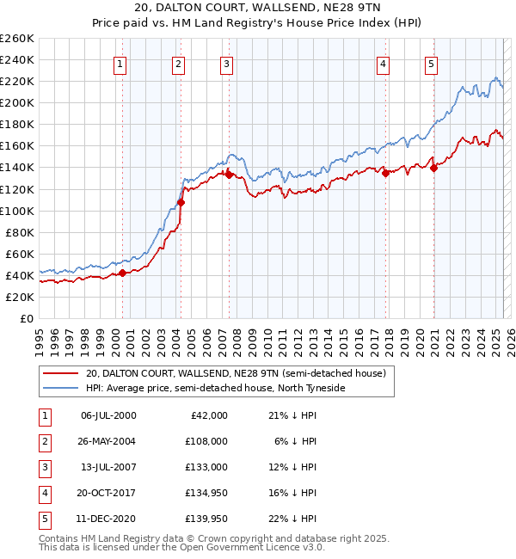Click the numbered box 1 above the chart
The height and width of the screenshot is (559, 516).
[x=120, y=63]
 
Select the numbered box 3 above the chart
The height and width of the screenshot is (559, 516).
[x=225, y=63]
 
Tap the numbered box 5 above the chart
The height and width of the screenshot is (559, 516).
[x=430, y=63]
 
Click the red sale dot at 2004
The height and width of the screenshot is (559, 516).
[x=181, y=202]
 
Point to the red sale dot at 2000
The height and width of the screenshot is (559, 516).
[x=122, y=273]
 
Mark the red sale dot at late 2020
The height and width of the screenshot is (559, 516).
[x=433, y=168]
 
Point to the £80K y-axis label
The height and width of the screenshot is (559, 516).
[x=18, y=232]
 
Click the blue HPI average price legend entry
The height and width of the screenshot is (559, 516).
[x=215, y=389]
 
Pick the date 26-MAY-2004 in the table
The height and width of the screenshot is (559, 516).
[x=108, y=440]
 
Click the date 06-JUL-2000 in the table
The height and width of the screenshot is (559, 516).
[x=108, y=415]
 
